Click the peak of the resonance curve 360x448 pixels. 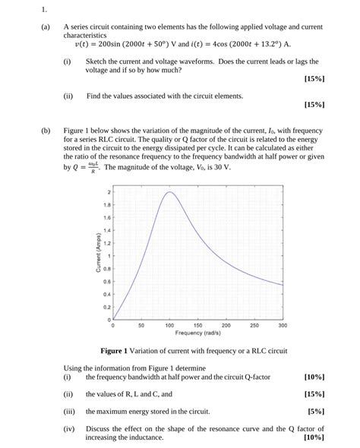click(x=169, y=193)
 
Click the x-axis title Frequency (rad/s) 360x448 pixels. click(x=197, y=333)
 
